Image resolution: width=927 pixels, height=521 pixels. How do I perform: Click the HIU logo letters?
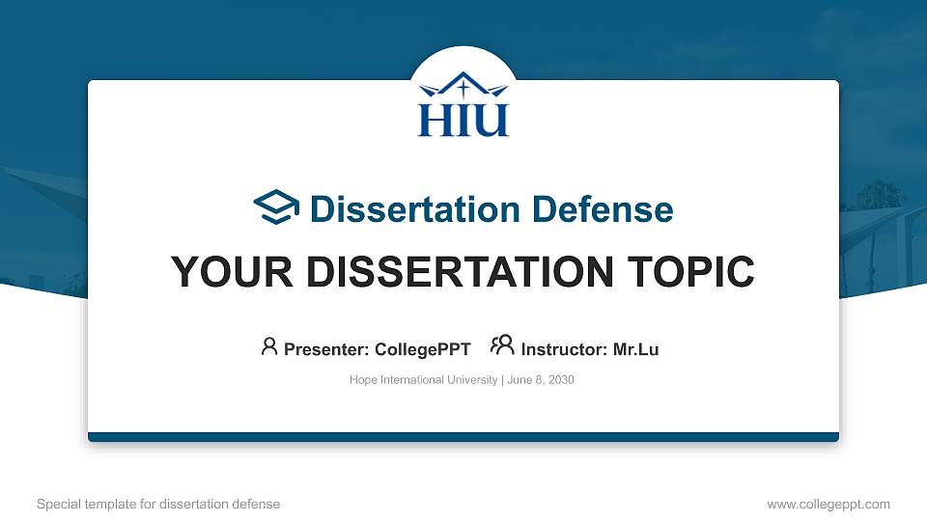pyautogui.click(x=463, y=119)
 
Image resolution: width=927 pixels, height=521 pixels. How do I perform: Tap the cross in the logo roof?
pyautogui.click(x=463, y=88)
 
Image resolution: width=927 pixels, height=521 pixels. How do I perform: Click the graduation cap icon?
pyautogui.click(x=276, y=207)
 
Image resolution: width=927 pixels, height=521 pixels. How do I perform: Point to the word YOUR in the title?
pyautogui.click(x=224, y=272)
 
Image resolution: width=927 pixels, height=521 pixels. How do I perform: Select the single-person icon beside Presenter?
pyautogui.click(x=269, y=346)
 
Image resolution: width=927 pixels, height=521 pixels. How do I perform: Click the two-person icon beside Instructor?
pyautogui.click(x=502, y=346)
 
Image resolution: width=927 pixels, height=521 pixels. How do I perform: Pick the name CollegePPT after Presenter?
pyautogui.click(x=424, y=349)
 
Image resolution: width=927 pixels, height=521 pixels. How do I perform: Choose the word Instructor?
pyautogui.click(x=563, y=349)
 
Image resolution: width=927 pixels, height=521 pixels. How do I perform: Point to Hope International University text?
pyautogui.click(x=423, y=380)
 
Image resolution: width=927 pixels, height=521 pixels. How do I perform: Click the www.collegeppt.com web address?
pyautogui.click(x=828, y=504)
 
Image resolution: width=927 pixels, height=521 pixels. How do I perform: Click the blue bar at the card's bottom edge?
pyautogui.click(x=463, y=437)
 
